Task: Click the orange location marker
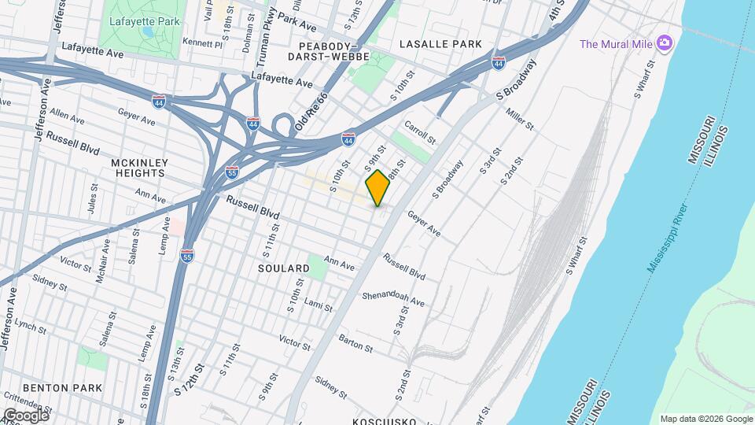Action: pyautogui.click(x=377, y=188)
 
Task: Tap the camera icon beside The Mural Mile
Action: pyautogui.click(x=665, y=42)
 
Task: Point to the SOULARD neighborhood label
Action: pyautogui.click(x=284, y=268)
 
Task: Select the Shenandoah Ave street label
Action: pyautogui.click(x=393, y=300)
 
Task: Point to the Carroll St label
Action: pyautogui.click(x=419, y=132)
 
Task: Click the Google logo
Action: pyautogui.click(x=25, y=415)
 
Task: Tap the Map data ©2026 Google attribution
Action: pyautogui.click(x=705, y=419)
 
